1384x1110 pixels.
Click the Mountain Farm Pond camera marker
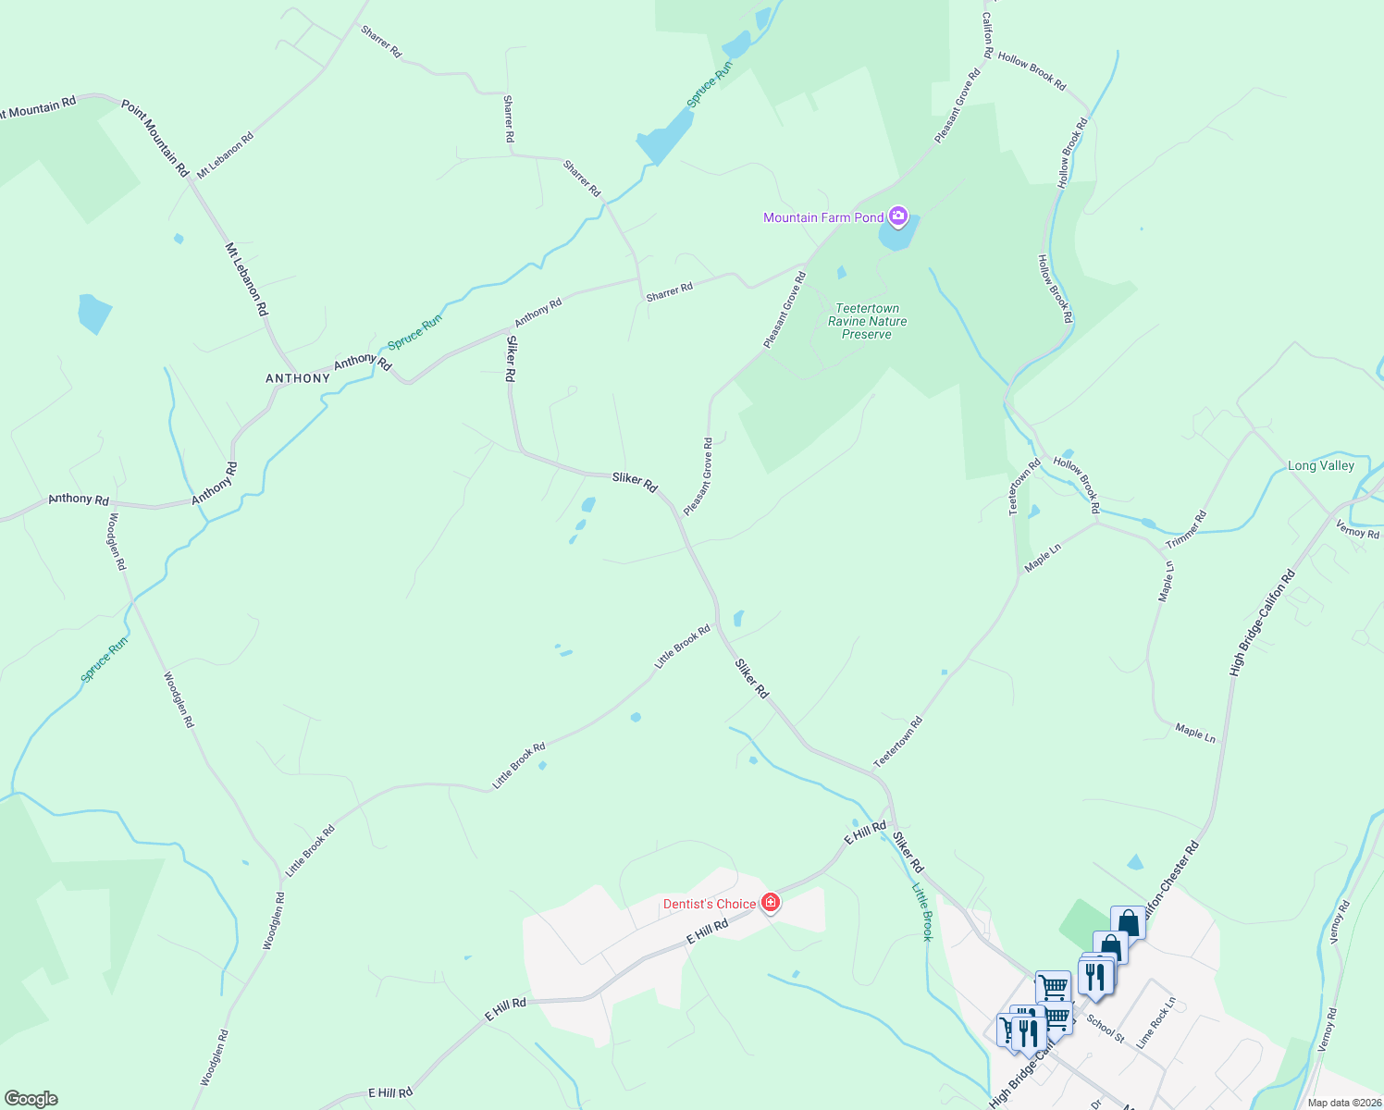pos(896,217)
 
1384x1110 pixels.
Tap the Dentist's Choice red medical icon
pos(770,903)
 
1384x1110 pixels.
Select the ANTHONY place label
pos(298,378)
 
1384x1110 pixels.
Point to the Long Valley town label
pos(1320,465)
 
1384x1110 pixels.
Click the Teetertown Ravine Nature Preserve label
pos(867,321)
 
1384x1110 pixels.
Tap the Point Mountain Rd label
pos(155,139)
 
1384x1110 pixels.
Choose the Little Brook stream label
pos(922,912)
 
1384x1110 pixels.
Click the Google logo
pos(31,1099)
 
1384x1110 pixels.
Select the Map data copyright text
pos(1344,1103)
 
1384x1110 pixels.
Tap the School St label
pos(1106,1029)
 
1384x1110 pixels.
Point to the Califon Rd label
pos(987,35)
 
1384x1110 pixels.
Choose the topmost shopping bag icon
pos(1128,922)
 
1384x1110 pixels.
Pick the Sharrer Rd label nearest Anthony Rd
pos(669,292)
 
